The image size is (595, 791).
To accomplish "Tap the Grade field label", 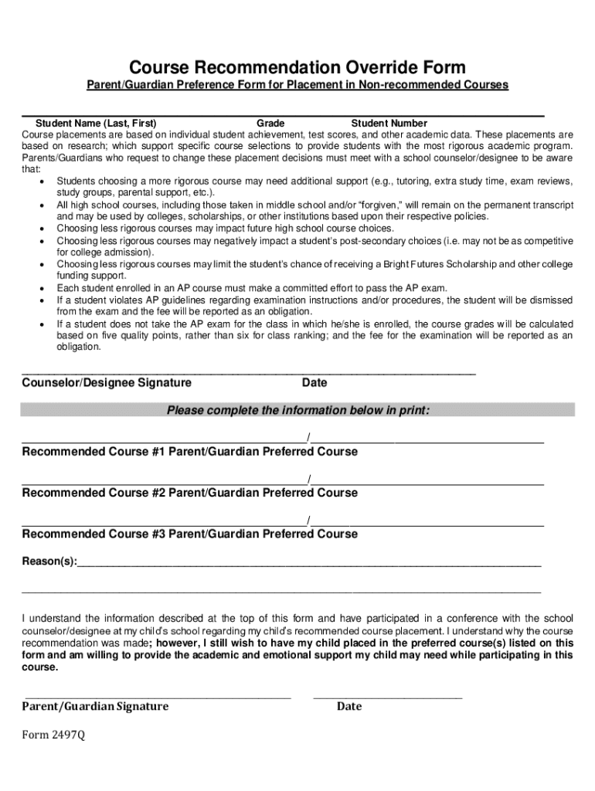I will [270, 124].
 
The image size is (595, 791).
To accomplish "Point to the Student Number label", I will [389, 124].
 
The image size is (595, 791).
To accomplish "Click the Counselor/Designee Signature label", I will [107, 383].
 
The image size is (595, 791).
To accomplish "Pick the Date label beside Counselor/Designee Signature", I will [314, 383].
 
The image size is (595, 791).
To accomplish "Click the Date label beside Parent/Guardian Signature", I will [348, 706].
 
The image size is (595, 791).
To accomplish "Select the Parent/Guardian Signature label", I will [95, 706].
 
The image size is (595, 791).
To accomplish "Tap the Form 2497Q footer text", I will [53, 735].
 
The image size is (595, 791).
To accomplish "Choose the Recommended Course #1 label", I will [93, 451].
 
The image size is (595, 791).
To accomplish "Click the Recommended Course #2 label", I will [93, 493].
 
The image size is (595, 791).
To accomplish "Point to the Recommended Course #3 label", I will [93, 534].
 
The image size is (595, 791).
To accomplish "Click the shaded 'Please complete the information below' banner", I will [297, 411].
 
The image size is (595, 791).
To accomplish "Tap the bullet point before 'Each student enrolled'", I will [41, 288].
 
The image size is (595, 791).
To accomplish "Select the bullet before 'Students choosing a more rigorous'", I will [41, 182].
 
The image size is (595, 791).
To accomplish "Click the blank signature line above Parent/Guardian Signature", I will [157, 696].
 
